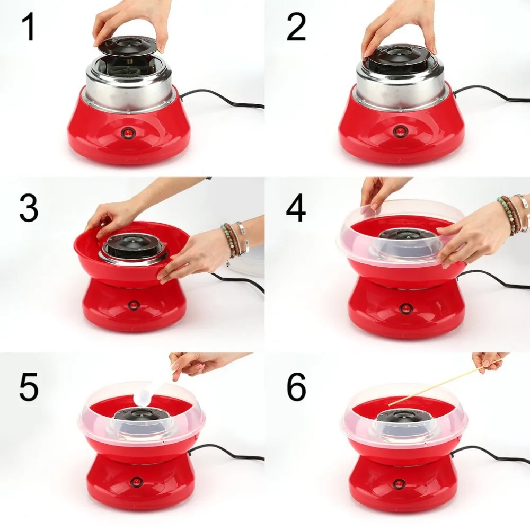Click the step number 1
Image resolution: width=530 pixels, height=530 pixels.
[29, 28]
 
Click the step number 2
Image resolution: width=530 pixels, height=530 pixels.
[296, 28]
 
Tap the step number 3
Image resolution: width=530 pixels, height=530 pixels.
[29, 208]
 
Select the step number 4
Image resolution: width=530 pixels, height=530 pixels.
[296, 208]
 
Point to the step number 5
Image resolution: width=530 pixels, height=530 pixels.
[29, 387]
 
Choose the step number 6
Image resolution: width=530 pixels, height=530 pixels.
[296, 387]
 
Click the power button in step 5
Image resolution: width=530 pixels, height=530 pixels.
[136, 482]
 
